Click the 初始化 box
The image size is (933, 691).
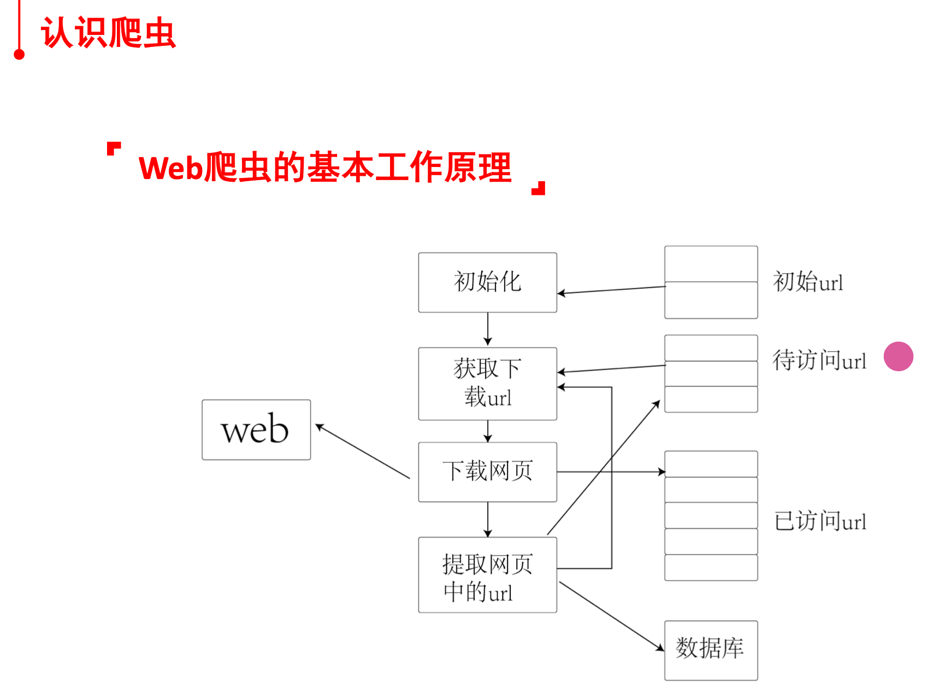487,282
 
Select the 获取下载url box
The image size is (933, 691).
487,383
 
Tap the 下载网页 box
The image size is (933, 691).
487,472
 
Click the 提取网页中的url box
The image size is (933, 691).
487,575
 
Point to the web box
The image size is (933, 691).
256,430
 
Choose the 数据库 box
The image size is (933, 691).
711,650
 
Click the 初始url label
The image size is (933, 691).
808,282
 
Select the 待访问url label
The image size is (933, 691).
819,360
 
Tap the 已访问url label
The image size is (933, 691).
820,521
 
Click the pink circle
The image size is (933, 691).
899,356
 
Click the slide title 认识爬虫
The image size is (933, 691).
108,33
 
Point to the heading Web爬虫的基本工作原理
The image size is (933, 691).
325,167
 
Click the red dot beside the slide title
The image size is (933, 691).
19,54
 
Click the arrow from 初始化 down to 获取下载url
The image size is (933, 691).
488,329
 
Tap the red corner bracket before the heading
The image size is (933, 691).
113,148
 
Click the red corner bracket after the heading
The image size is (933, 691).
539,188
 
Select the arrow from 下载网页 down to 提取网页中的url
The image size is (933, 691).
488,519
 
